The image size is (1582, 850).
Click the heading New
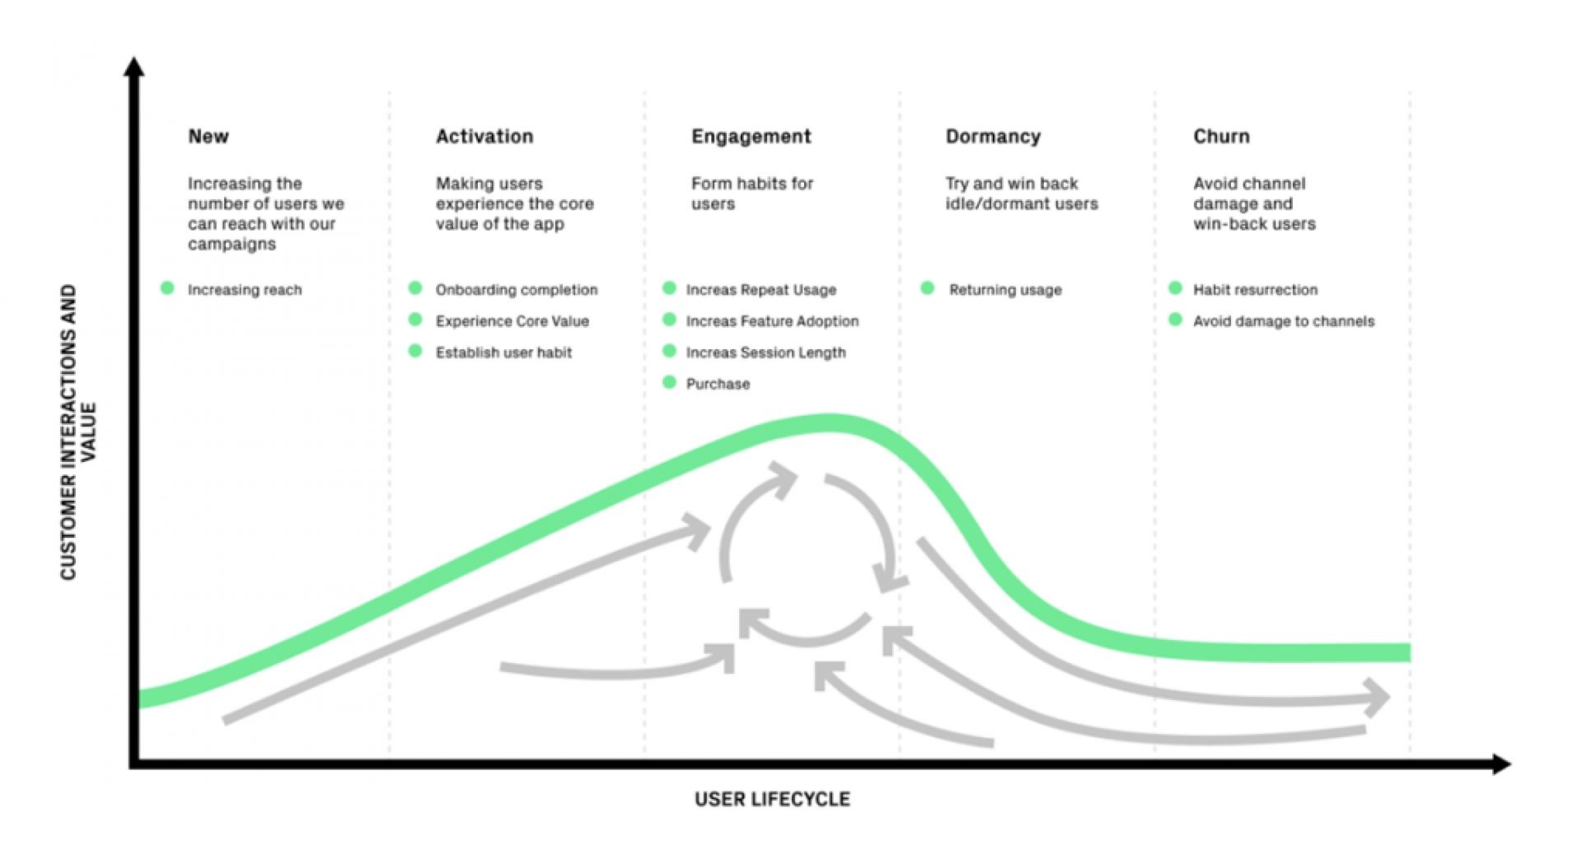pos(208,137)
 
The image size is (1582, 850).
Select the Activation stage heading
pos(484,137)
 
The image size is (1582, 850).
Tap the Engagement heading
pos(751,137)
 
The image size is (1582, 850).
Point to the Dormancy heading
pos(992,137)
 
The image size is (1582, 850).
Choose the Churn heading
pos(1220,137)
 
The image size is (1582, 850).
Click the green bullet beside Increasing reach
pos(167,288)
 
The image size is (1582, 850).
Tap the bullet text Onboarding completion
pos(516,290)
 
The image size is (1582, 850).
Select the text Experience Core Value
pos(512,321)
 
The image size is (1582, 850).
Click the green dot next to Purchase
pos(669,382)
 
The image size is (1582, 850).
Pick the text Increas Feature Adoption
pos(771,321)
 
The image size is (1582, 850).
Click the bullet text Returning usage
pos(1004,290)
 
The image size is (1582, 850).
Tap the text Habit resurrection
pos(1254,290)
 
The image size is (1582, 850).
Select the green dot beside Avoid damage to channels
pos(1175,320)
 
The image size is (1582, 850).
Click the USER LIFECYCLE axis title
pos(771,799)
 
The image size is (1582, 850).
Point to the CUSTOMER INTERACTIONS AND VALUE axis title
pos(78,432)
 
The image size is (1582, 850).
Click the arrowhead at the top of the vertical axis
pos(133,67)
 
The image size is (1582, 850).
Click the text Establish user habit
pos(503,353)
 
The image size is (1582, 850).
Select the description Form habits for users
pos(751,194)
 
